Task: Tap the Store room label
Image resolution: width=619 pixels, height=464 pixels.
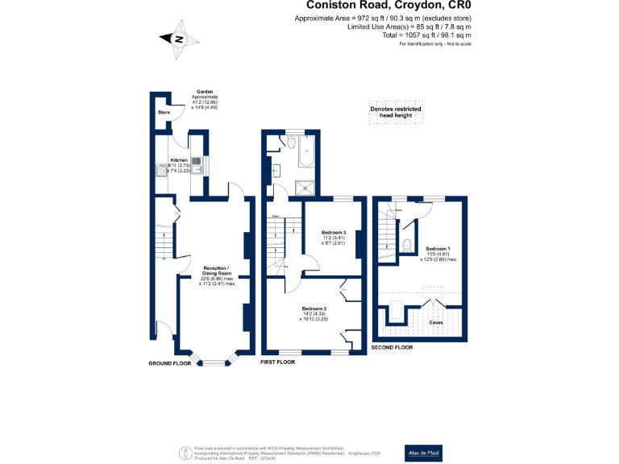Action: [x=163, y=112]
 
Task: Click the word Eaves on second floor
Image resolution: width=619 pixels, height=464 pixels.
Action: [x=436, y=322]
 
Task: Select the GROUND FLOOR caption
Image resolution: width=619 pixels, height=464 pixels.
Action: [x=169, y=363]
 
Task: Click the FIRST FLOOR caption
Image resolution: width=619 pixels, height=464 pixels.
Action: [x=278, y=363]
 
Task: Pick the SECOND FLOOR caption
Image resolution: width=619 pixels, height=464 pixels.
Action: [x=392, y=347]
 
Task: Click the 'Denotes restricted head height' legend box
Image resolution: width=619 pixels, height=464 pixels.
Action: [x=395, y=113]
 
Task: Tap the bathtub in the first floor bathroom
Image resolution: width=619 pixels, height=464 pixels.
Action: [x=306, y=150]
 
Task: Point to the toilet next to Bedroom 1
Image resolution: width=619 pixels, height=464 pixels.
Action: [x=406, y=246]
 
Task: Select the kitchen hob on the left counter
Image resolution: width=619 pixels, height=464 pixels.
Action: [x=164, y=170]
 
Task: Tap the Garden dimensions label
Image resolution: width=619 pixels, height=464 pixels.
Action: [x=204, y=100]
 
